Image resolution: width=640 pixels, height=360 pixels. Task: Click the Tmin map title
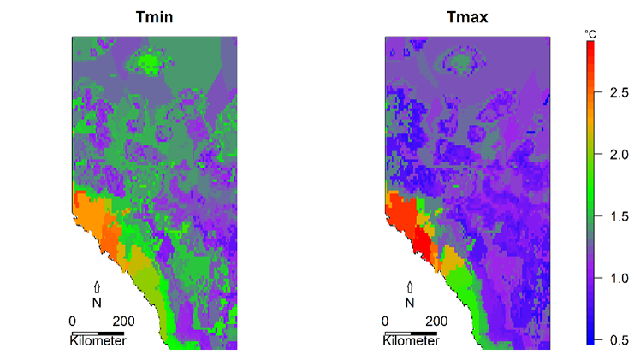[x=154, y=16]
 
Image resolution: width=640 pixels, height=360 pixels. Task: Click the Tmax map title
[x=466, y=16]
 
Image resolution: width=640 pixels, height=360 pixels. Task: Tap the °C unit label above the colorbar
[x=590, y=32]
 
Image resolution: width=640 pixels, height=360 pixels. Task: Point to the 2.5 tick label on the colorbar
[x=619, y=94]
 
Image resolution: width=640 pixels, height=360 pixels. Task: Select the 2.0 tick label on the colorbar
[x=619, y=155]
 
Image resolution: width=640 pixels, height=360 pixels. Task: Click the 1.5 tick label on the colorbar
[x=619, y=216]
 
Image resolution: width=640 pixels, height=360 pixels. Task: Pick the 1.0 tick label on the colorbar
[x=619, y=278]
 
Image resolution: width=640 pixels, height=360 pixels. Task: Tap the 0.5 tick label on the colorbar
[x=619, y=339]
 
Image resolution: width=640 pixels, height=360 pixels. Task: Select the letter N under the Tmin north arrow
[x=97, y=302]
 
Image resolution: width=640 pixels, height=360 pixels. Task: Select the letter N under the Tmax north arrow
[x=409, y=302]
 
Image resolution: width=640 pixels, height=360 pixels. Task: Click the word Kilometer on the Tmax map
[x=411, y=341]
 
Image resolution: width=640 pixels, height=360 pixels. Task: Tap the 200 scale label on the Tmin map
[x=123, y=321]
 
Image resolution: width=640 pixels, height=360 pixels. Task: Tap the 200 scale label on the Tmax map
[x=436, y=321]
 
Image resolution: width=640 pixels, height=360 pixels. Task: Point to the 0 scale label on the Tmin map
[x=73, y=321]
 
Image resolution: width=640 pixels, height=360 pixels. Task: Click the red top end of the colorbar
[x=590, y=47]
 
